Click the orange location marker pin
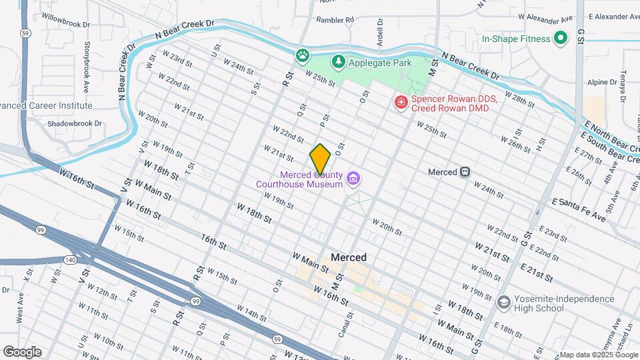[x=320, y=159]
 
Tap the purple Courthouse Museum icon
[x=353, y=179]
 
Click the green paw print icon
[x=303, y=55]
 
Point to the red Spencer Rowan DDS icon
[x=401, y=102]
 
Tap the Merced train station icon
[x=465, y=172]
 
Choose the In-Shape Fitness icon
[x=561, y=39]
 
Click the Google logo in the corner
[x=22, y=351]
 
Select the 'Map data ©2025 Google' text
[x=598, y=355]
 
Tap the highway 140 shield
[x=71, y=259]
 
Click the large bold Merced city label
[x=348, y=257]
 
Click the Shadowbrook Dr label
[x=75, y=123]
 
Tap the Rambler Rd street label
[x=335, y=20]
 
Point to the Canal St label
[x=341, y=324]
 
